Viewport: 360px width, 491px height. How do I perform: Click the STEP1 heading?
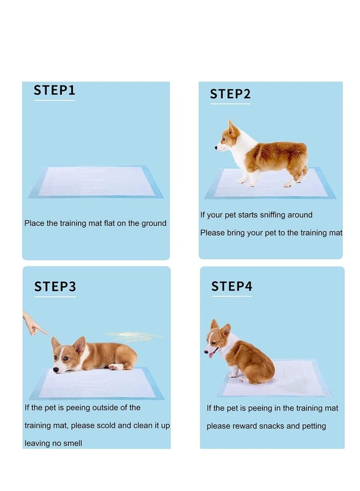[54, 90]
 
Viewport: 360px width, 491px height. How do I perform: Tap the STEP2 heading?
[230, 94]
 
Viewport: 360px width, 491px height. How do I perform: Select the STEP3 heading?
[55, 287]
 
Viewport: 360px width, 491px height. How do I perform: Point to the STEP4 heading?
[232, 286]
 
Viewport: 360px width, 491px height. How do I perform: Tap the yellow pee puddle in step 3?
[133, 336]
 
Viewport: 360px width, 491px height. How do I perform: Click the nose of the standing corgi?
[216, 148]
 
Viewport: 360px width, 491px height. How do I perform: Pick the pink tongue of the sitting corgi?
[211, 355]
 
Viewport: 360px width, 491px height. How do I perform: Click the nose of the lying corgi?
[56, 370]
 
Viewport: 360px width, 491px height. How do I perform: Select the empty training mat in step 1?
[96, 182]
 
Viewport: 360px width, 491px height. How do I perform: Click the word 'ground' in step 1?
[154, 223]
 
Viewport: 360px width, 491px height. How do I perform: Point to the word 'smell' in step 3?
[72, 443]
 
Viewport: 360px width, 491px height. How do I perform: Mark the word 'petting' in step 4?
[314, 426]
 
